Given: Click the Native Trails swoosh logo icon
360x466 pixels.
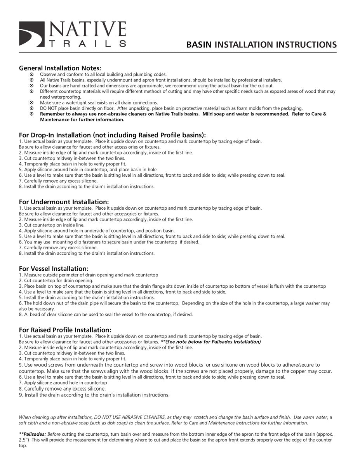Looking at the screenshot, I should point(32,34).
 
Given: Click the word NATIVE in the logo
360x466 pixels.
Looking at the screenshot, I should point(87,30).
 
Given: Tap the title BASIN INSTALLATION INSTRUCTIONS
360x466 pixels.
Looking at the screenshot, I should point(261,45).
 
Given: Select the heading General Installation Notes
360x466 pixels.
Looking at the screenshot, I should point(60,68).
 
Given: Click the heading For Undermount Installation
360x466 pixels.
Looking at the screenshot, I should point(64,202).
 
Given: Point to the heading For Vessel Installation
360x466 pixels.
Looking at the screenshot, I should point(54,269).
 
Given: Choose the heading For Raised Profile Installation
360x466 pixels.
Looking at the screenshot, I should point(65,330).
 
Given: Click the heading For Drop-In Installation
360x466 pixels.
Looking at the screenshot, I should point(113,135).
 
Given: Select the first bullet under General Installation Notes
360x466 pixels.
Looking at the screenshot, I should point(32,74).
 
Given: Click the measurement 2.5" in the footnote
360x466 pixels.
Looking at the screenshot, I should point(23,440).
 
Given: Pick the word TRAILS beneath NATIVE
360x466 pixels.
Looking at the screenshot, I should point(87,44).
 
